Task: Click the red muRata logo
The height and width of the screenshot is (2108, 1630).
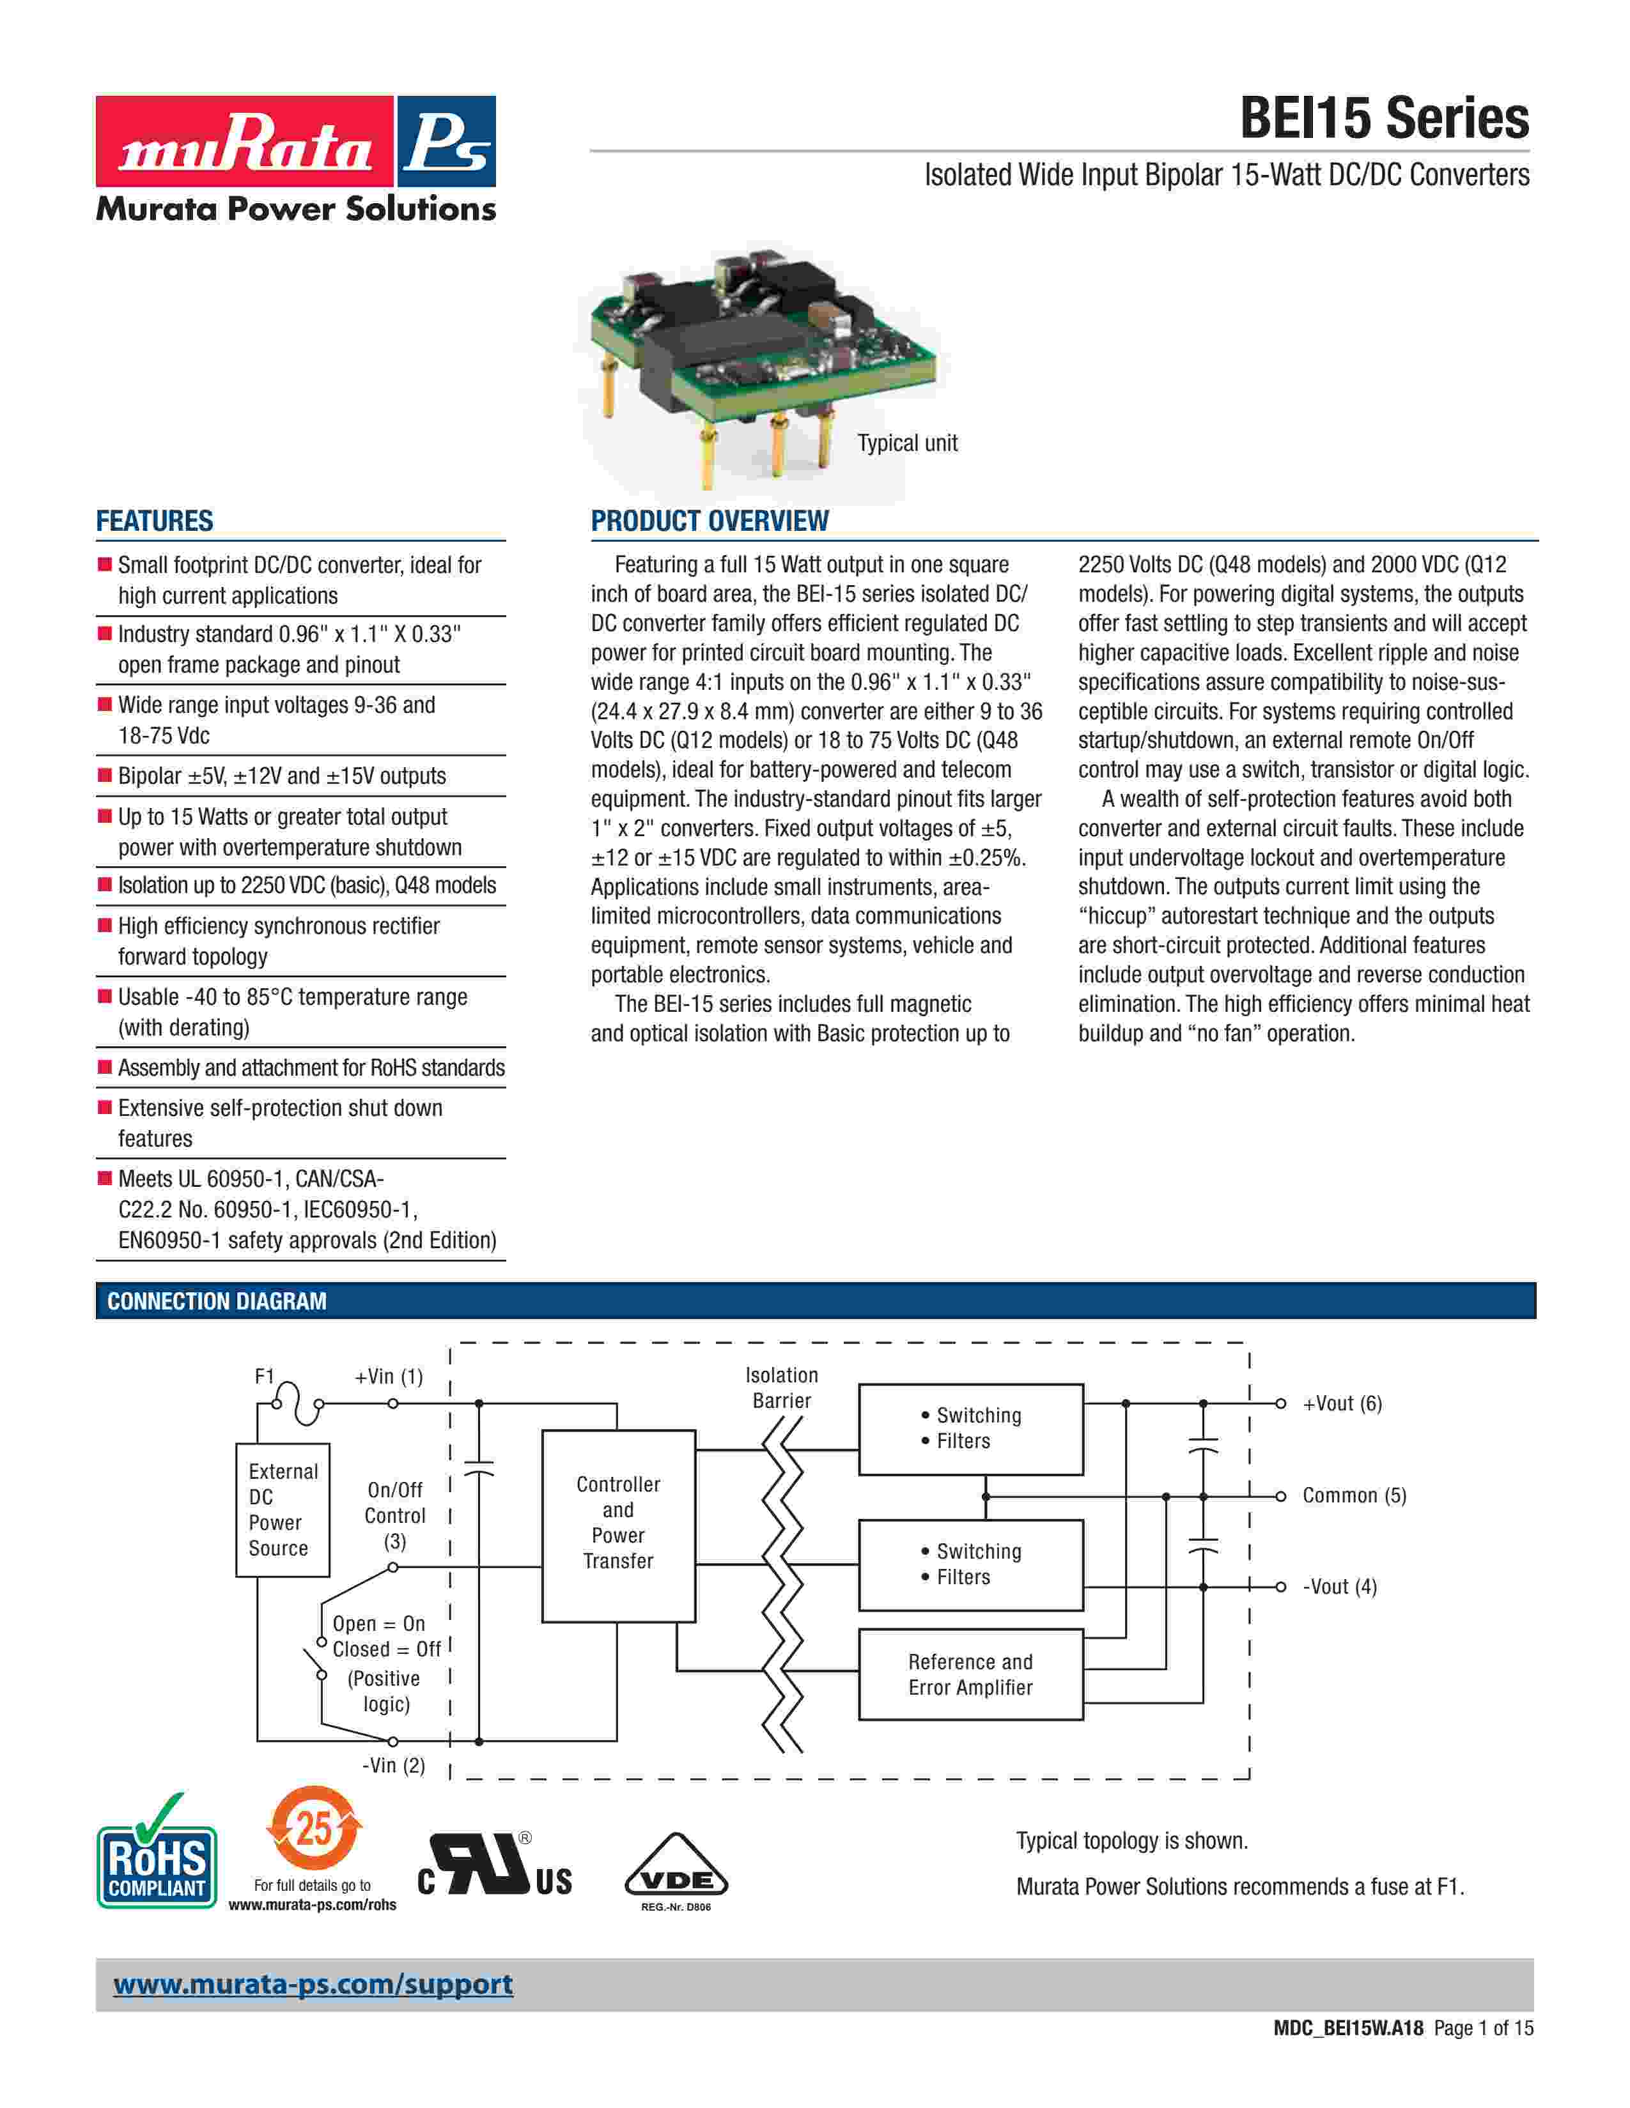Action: (x=244, y=141)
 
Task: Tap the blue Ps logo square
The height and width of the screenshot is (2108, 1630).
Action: (x=445, y=141)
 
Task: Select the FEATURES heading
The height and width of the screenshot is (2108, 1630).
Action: (x=155, y=521)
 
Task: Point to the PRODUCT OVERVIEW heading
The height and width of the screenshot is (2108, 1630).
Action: (x=709, y=521)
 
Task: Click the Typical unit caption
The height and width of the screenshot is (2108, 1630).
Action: (x=907, y=443)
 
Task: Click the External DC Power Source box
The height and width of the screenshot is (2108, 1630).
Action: (x=282, y=1509)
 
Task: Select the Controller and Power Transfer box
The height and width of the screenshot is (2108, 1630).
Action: (x=618, y=1522)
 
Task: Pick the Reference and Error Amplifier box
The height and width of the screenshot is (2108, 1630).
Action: (x=970, y=1675)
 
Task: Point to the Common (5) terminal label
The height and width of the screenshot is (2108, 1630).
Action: (x=1354, y=1495)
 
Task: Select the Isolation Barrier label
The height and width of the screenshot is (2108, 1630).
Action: (x=781, y=1387)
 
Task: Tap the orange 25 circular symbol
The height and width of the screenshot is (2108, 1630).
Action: (x=313, y=1828)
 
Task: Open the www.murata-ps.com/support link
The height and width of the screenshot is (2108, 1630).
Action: (x=313, y=1985)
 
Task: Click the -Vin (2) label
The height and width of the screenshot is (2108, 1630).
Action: (x=393, y=1766)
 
